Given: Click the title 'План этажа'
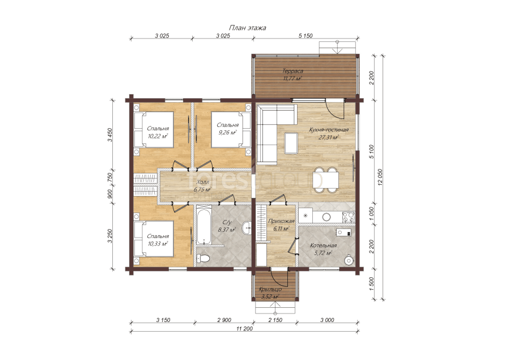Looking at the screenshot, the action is pyautogui.click(x=247, y=28).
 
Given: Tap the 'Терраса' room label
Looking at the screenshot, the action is pyautogui.click(x=292, y=71).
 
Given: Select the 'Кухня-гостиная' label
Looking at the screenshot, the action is pyautogui.click(x=329, y=130).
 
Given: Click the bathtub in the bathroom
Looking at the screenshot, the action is pyautogui.click(x=203, y=226).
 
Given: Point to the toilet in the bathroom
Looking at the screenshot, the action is pyautogui.click(x=202, y=259).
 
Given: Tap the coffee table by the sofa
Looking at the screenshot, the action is pyautogui.click(x=291, y=143).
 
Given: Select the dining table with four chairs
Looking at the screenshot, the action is pyautogui.click(x=325, y=180).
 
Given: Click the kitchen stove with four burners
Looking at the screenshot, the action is pyautogui.click(x=349, y=217).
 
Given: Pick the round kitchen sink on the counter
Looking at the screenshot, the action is pyautogui.click(x=326, y=217).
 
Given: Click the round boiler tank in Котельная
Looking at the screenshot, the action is pyautogui.click(x=349, y=260).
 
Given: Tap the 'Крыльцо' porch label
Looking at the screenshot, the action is pyautogui.click(x=270, y=289).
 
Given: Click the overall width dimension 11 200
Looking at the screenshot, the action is pyautogui.click(x=244, y=328).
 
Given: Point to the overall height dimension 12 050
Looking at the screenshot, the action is pyautogui.click(x=380, y=177).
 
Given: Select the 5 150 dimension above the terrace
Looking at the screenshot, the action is pyautogui.click(x=306, y=36).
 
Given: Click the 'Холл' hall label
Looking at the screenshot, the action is pyautogui.click(x=202, y=182).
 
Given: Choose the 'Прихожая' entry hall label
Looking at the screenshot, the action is pyautogui.click(x=281, y=222).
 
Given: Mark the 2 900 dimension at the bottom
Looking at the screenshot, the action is pyautogui.click(x=224, y=320).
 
